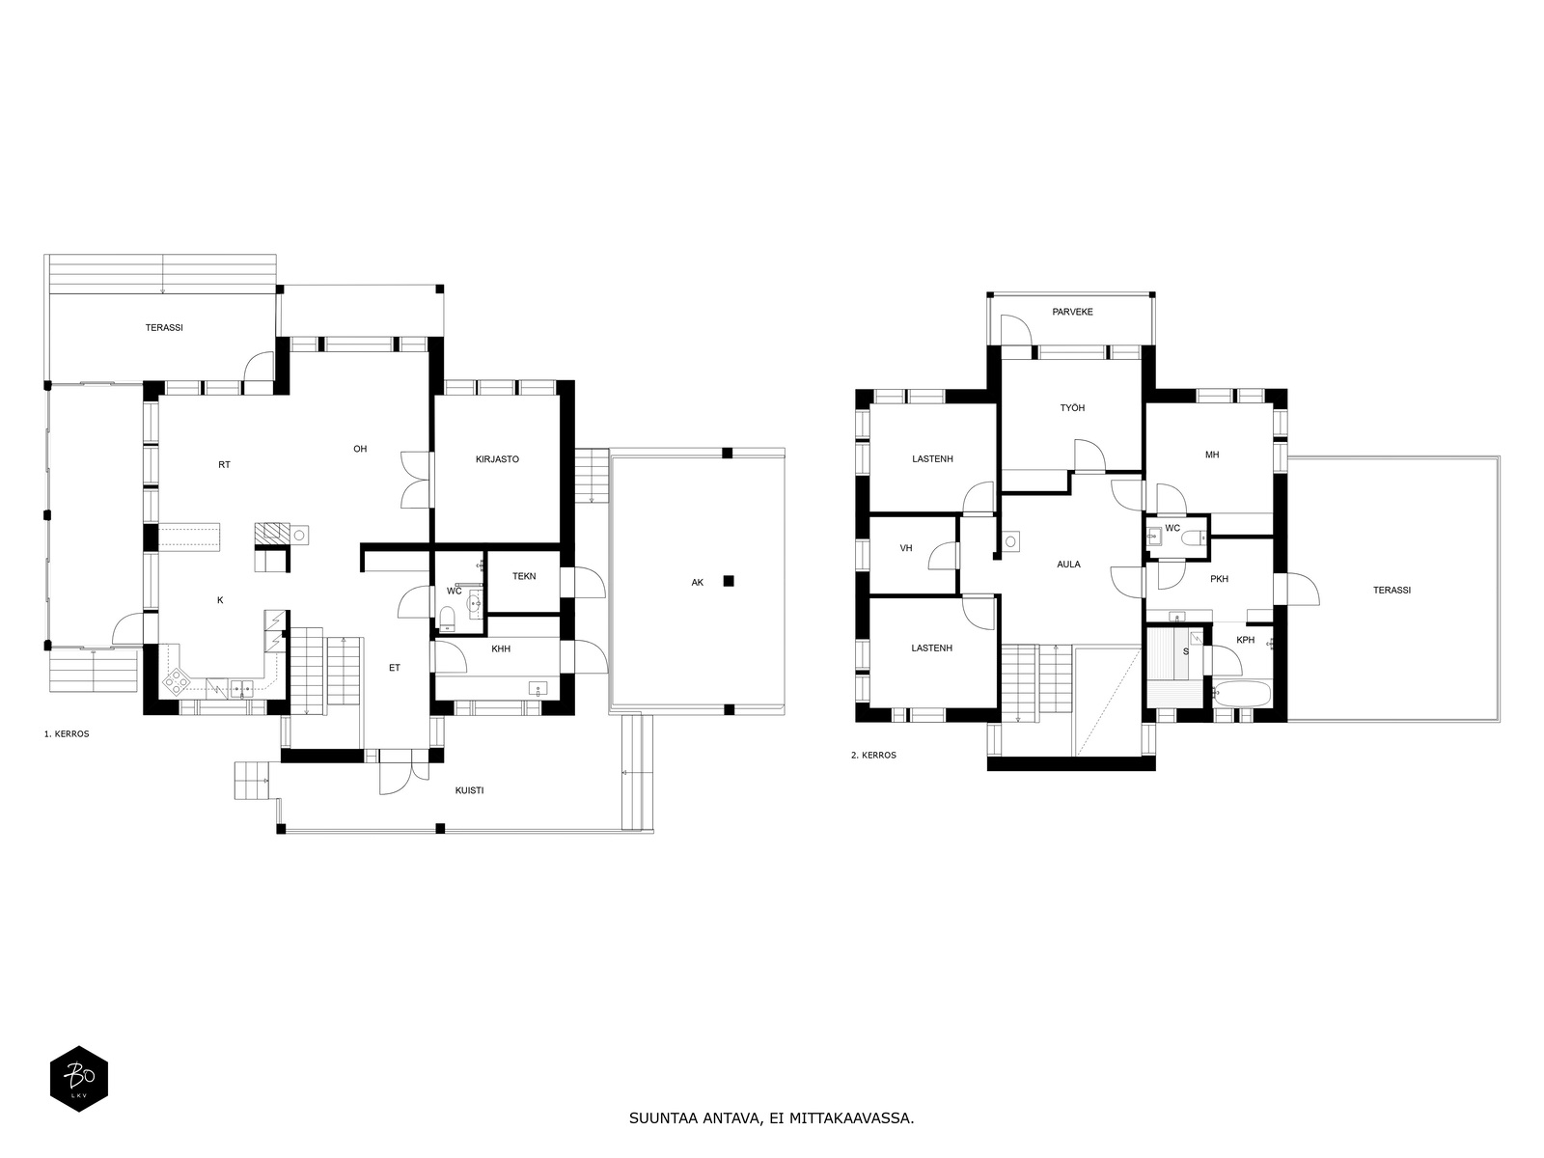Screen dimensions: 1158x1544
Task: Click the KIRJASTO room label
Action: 497,459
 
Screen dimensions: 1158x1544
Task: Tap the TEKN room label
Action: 524,576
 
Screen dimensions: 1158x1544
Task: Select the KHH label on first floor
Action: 501,649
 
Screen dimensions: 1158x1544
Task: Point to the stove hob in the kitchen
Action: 177,682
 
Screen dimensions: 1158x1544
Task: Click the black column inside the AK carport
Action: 729,580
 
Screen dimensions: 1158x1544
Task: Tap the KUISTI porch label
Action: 469,790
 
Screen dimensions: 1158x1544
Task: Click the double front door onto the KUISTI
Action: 396,772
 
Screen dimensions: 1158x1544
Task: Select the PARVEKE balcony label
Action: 1072,312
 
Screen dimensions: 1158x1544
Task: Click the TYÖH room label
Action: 1072,408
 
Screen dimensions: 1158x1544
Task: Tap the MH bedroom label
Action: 1212,455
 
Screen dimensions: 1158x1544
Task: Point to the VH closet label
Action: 906,548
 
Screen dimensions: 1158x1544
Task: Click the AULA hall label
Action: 1068,565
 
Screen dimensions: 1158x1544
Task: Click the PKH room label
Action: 1219,579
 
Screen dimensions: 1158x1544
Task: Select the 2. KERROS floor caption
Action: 873,756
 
